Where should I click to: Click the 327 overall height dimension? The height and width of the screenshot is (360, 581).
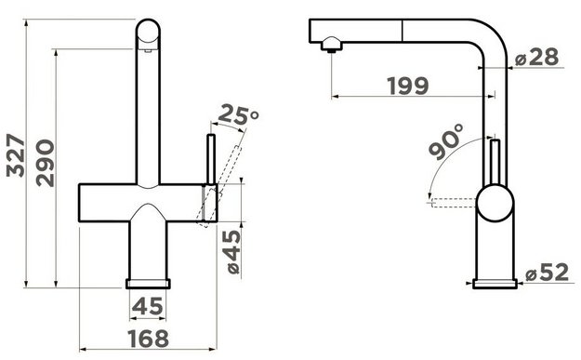(x=16, y=155)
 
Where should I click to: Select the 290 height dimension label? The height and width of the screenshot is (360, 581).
(x=46, y=163)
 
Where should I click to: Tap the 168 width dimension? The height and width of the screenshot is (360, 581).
(x=148, y=339)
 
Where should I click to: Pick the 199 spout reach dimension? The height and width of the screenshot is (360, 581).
(x=408, y=86)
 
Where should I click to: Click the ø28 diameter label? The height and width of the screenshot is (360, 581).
(x=536, y=58)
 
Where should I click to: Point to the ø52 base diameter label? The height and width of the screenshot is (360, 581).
(x=547, y=273)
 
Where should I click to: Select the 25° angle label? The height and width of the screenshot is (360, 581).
(x=238, y=115)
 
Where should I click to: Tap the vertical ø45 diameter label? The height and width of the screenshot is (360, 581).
(x=233, y=252)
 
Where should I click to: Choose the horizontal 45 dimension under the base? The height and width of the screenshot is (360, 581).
(x=148, y=307)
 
